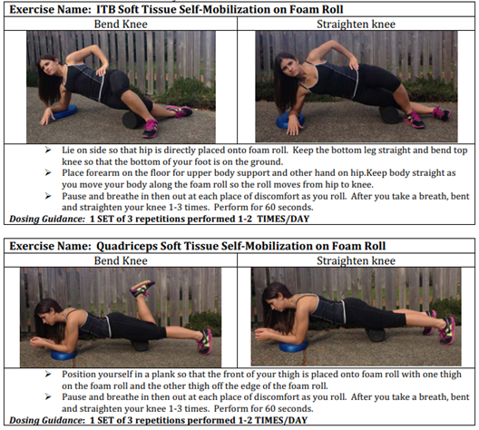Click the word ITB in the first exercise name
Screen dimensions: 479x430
pos(105,9)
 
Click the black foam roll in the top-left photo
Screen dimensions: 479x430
pos(133,120)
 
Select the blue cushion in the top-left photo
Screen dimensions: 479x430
pos(64,112)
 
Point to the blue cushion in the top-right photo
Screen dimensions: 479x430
pos(289,120)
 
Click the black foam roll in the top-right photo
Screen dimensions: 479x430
pos(390,114)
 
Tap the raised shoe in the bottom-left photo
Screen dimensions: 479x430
pos(142,288)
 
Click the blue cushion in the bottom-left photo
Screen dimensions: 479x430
pos(64,355)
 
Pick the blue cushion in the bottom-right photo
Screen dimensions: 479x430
pos(293,346)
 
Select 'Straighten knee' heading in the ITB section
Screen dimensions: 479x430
pos(356,24)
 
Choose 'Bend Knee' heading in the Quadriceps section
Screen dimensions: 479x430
pos(121,260)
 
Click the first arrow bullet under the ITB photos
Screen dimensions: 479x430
pos(48,150)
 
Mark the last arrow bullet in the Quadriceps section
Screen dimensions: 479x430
pos(48,396)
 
